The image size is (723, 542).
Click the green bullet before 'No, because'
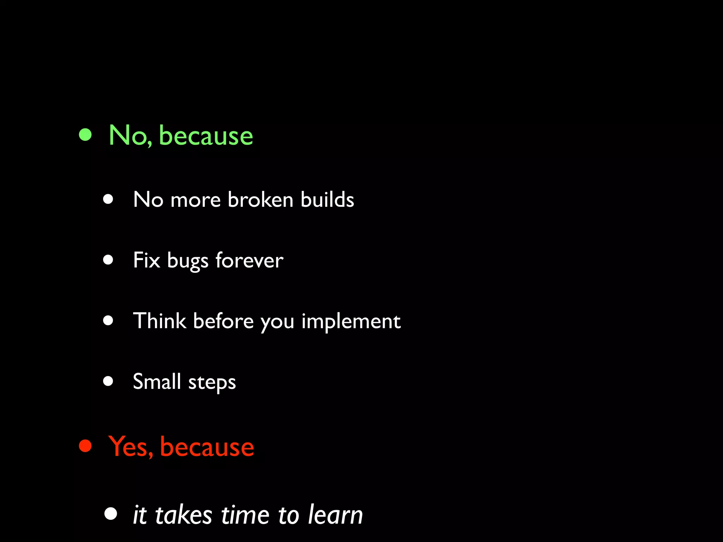[85, 134]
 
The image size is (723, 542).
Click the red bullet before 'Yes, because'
[85, 446]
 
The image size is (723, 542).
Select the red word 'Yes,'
[130, 446]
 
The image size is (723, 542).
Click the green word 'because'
[206, 136]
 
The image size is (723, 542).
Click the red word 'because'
[207, 447]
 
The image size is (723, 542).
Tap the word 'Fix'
[147, 260]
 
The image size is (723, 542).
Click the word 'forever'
[249, 260]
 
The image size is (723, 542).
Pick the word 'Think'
[160, 321]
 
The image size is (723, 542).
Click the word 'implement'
[351, 322]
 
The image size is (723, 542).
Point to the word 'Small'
[157, 381]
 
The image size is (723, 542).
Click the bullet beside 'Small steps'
[108, 381]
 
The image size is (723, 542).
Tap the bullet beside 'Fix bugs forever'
[108, 260]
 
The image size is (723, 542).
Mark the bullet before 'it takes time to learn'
[110, 514]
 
